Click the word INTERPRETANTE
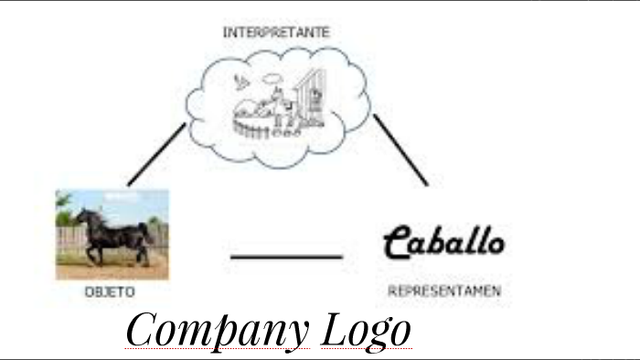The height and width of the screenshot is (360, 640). point(276,32)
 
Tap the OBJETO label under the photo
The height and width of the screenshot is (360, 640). point(110,292)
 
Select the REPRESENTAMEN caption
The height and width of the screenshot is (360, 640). point(444,291)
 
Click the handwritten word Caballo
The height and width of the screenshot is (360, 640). point(443,242)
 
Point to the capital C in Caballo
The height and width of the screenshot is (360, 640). point(397,243)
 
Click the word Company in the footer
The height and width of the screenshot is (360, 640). point(218,331)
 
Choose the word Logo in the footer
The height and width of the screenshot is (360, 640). point(366,331)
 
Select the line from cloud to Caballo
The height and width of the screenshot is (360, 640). point(400,150)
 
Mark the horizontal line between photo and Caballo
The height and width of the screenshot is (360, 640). point(286,258)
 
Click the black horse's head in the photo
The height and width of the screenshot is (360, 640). point(82,219)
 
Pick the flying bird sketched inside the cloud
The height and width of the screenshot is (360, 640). point(241,81)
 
